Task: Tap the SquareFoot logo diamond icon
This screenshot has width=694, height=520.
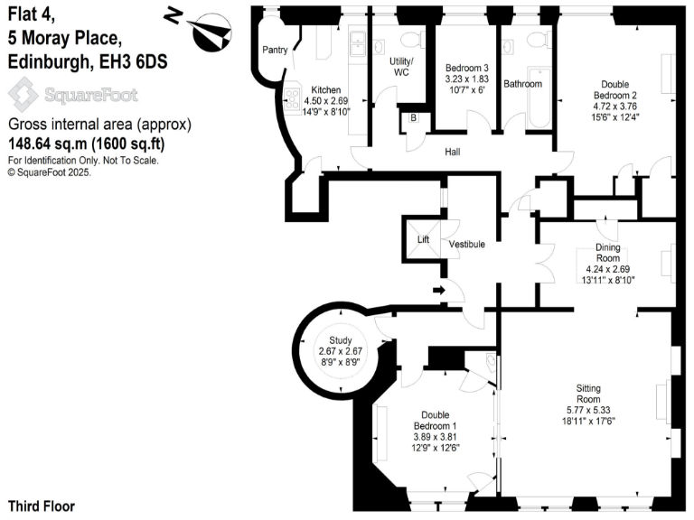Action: pos(24,94)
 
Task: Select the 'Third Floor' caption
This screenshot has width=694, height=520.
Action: pos(42,506)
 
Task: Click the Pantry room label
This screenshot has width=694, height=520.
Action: pos(275,51)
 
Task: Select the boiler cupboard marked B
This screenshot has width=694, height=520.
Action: pos(412,118)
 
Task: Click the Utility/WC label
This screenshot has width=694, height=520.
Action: pos(399,66)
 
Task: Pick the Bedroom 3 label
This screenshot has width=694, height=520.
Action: pos(466,69)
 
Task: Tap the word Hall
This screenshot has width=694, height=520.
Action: pos(453,152)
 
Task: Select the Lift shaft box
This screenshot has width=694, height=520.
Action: pos(422,239)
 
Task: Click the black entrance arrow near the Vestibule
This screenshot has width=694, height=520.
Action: pos(439,290)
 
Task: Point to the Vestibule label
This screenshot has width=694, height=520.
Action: pos(467,245)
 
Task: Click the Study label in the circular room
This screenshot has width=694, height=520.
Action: pos(340,339)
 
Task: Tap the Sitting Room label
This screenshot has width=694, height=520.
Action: pos(588,393)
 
